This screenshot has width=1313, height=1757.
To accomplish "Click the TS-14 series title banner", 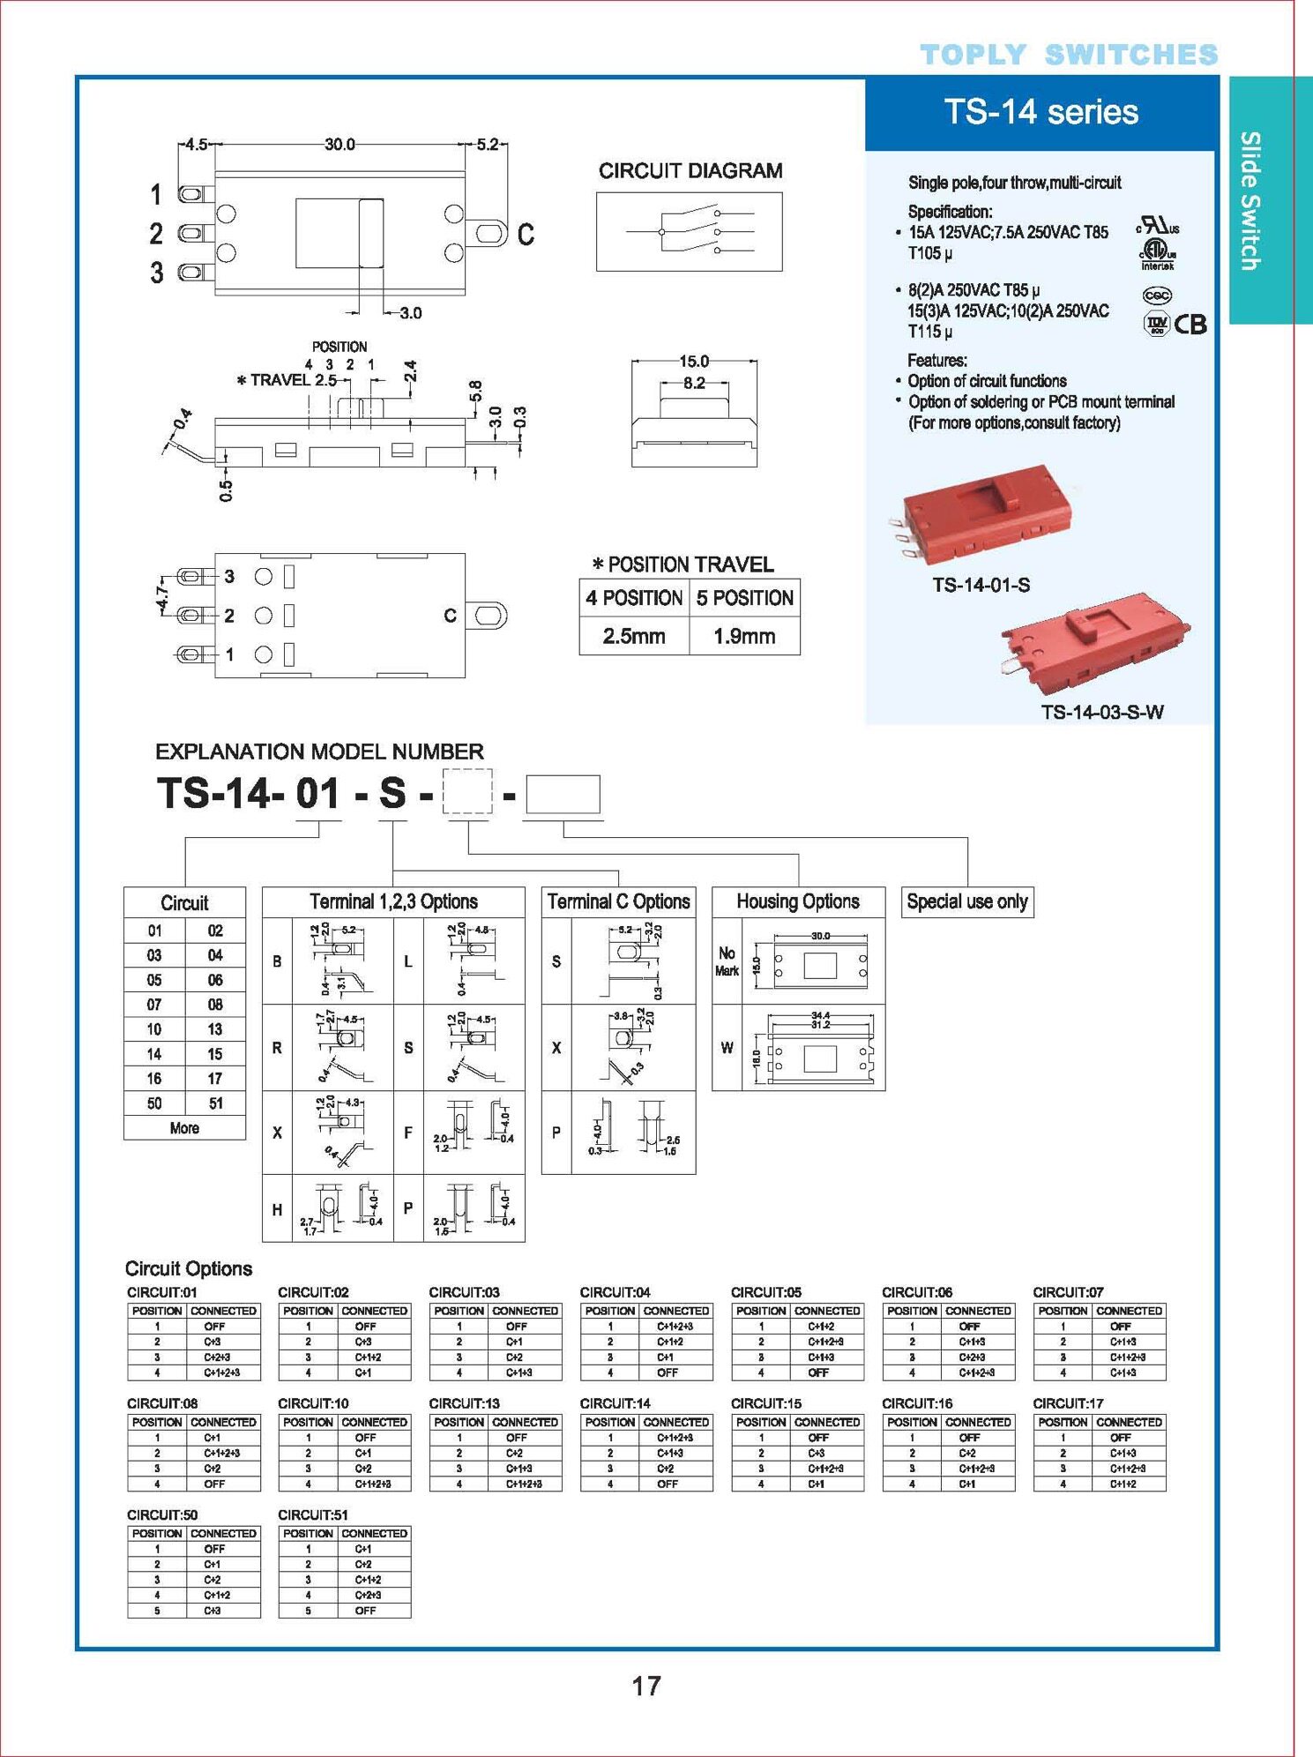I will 1041,113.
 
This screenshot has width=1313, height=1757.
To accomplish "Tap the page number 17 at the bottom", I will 645,1686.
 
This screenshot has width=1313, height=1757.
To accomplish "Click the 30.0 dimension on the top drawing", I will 339,144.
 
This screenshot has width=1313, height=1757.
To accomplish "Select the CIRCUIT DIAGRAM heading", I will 690,171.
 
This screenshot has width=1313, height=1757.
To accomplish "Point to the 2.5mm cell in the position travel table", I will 633,636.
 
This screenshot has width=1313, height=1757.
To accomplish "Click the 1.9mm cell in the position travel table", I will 744,636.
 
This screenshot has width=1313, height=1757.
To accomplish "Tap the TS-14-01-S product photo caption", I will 981,585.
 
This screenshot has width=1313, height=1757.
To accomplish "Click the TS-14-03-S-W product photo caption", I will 1101,712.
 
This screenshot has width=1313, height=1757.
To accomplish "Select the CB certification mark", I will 1190,325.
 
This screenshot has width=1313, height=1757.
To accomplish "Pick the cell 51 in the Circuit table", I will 215,1103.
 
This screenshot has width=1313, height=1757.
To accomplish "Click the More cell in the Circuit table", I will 184,1128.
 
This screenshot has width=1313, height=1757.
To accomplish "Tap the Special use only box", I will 966,901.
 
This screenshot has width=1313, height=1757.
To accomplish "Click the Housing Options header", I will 798,901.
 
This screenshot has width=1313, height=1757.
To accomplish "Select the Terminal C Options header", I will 618,901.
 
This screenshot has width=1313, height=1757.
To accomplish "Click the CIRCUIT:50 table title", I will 162,1514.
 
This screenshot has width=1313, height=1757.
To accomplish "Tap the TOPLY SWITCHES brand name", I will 1069,55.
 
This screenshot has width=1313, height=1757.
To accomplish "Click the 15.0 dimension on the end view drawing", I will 694,361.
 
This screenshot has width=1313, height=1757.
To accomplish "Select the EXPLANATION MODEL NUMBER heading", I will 319,751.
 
